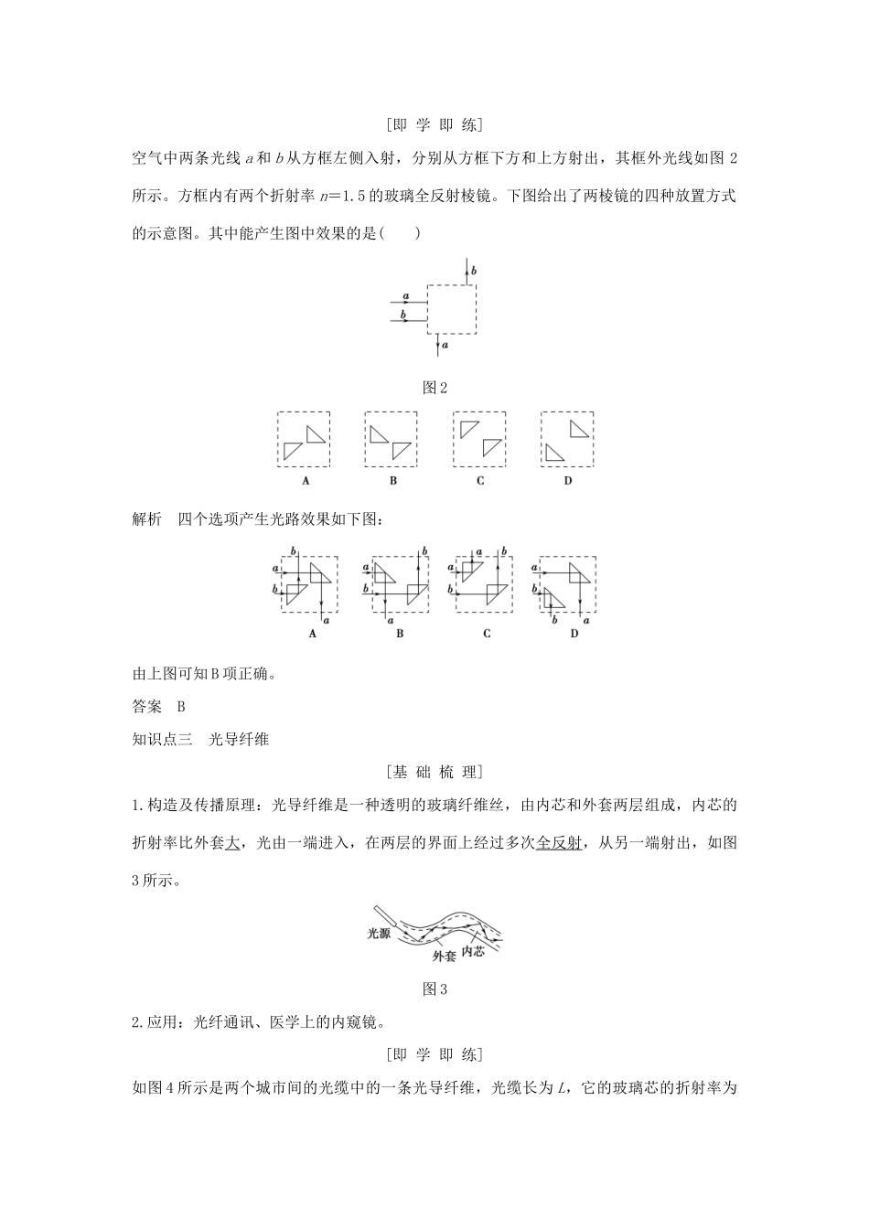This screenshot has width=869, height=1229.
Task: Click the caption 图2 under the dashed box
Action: [434, 388]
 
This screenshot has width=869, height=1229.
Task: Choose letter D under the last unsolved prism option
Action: [567, 481]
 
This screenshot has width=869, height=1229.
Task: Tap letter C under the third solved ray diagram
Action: [487, 633]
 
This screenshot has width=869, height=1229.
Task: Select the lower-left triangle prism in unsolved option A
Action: [293, 450]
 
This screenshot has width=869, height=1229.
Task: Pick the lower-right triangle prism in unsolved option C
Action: [492, 446]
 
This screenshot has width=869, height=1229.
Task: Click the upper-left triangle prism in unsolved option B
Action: [379, 433]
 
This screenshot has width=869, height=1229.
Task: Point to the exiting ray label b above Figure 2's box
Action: [473, 272]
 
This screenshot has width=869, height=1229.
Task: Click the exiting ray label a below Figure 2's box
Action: [445, 347]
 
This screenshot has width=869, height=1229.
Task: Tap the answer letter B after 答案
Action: [181, 706]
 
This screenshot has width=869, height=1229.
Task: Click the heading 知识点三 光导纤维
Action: [200, 739]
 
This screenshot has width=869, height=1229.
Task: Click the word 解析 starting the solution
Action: [147, 519]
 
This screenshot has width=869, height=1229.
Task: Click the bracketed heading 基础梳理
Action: [434, 772]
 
